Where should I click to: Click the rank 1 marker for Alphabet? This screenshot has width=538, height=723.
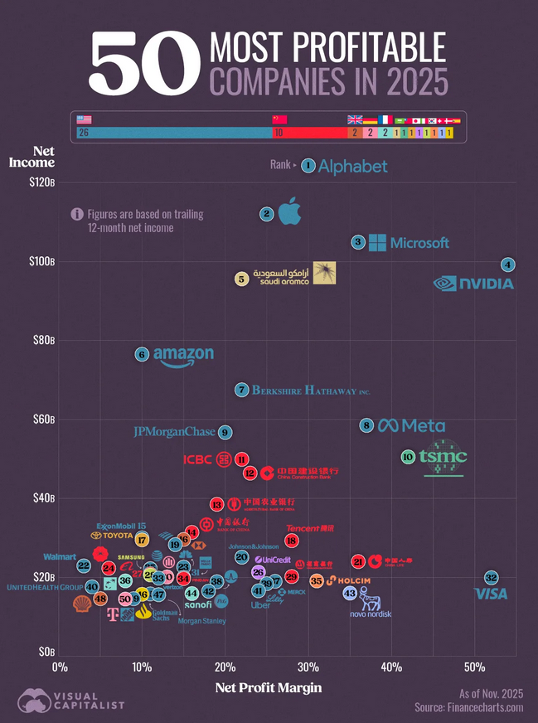[308, 166]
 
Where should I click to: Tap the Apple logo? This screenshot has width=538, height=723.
[288, 212]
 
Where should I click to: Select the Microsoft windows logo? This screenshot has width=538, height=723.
[377, 242]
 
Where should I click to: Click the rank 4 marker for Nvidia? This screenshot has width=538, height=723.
[508, 264]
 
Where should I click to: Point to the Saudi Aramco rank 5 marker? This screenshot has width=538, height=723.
[241, 279]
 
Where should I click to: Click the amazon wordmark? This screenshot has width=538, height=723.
[183, 356]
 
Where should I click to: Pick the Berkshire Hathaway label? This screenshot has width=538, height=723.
[310, 390]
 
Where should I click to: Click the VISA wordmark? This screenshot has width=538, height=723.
[490, 594]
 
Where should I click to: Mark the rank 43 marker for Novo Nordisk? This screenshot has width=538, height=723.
[350, 593]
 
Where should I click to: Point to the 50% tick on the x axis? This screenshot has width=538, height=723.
[474, 666]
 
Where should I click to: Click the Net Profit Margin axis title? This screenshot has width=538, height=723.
[268, 687]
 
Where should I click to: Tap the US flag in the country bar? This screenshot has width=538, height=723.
[84, 119]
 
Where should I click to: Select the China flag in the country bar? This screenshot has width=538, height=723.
[279, 119]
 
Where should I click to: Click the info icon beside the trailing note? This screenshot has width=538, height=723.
[77, 214]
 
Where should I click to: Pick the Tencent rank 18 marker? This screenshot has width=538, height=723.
[292, 541]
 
